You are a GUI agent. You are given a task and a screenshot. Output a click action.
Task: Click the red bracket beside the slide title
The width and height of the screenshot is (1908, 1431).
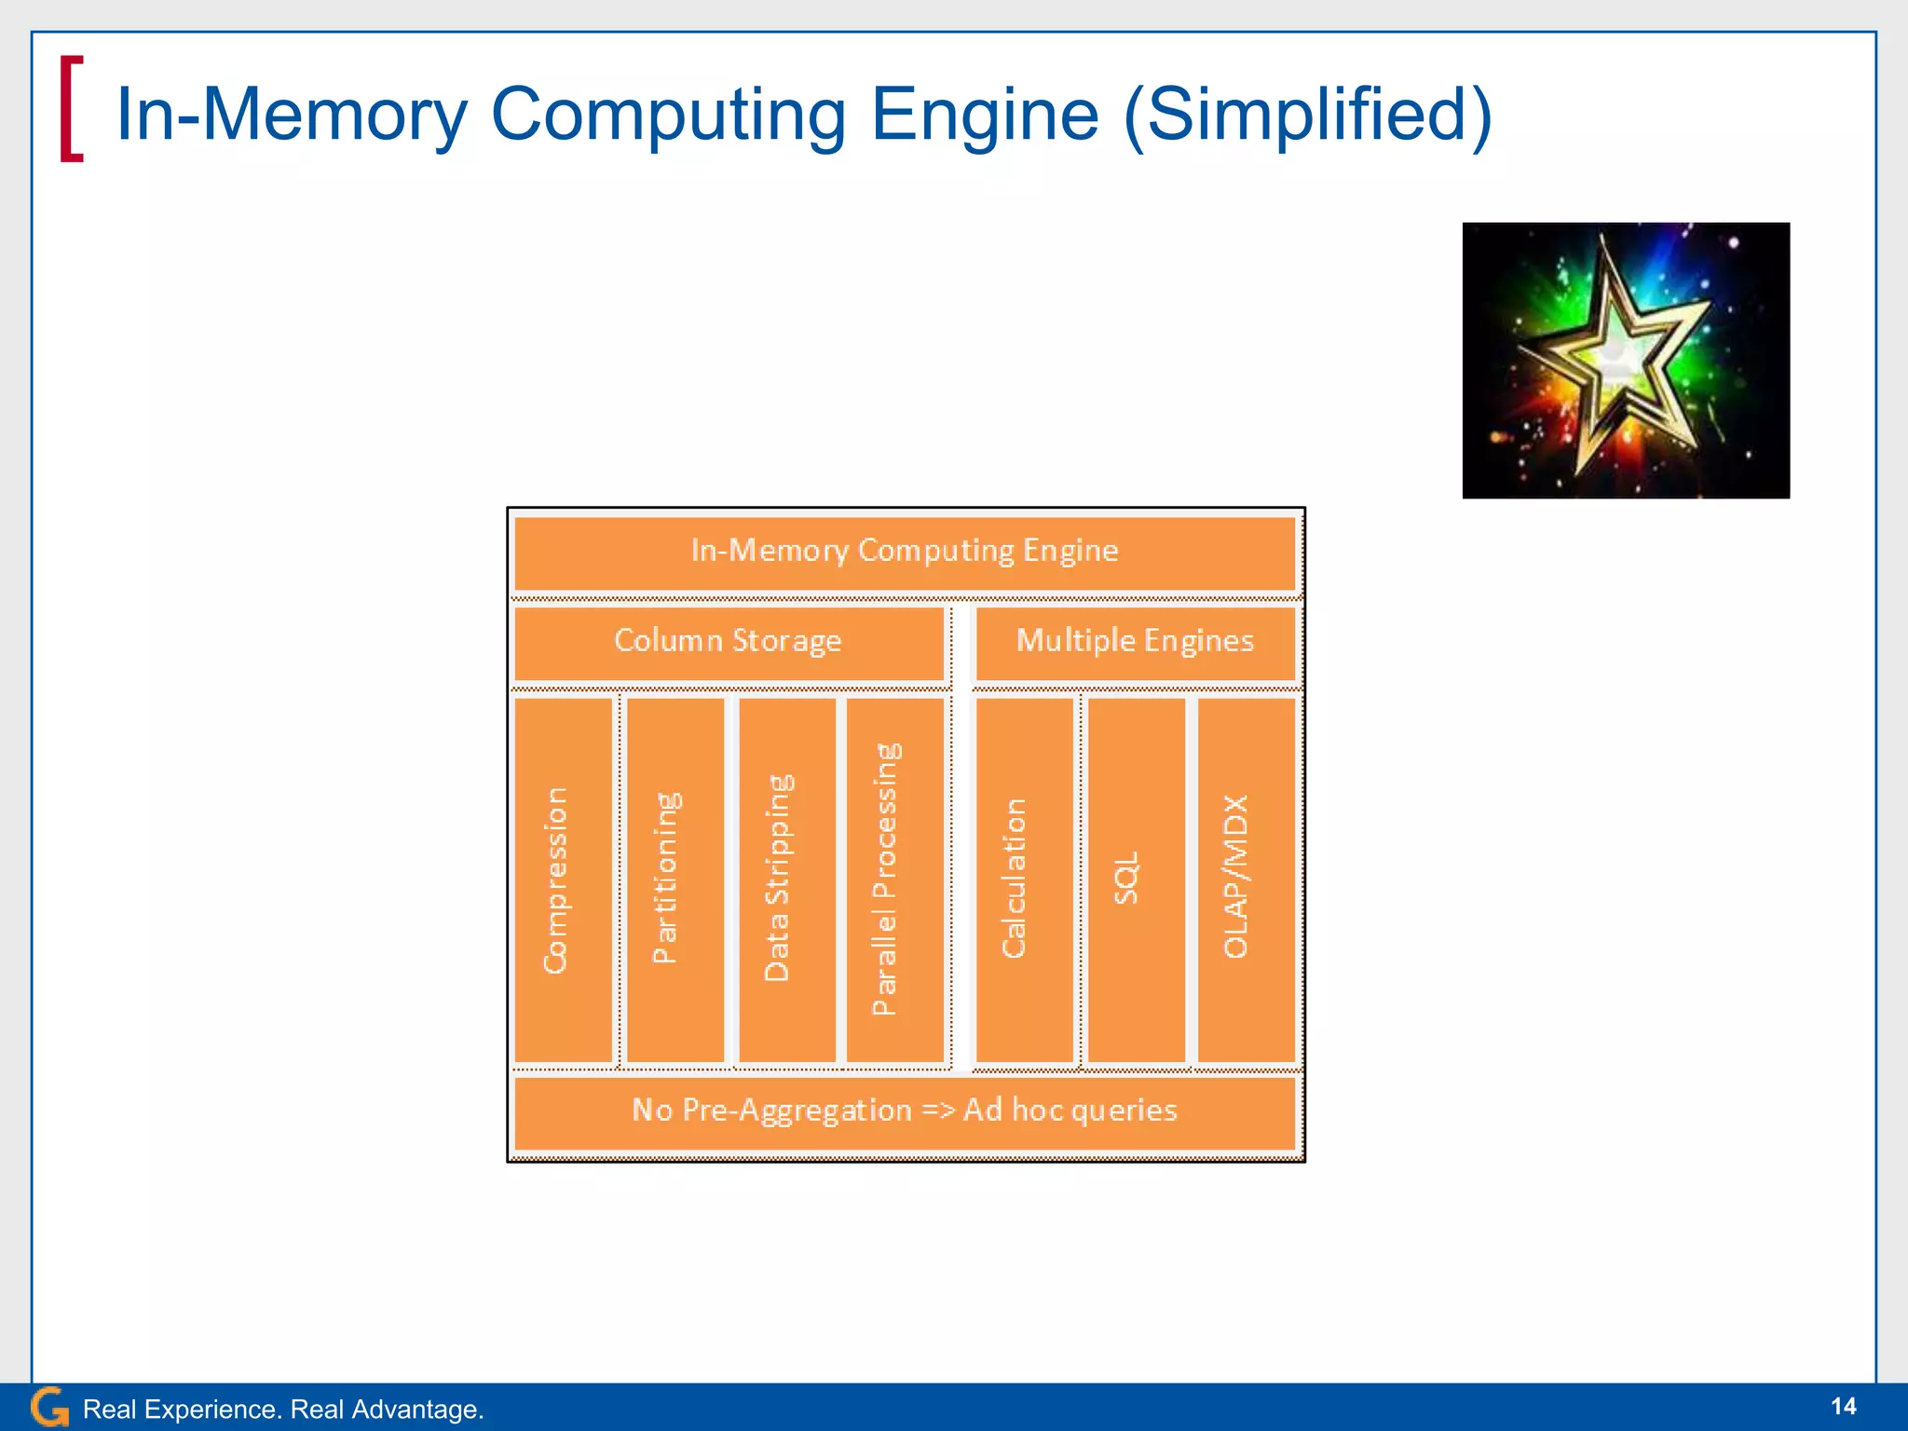[x=71, y=109]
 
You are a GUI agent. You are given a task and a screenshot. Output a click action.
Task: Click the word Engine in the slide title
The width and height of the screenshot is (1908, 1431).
[x=985, y=115]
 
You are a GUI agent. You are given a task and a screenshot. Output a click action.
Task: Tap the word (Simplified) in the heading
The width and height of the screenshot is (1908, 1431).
[x=1308, y=115]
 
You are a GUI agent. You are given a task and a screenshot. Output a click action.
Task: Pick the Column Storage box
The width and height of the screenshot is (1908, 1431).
[x=729, y=642]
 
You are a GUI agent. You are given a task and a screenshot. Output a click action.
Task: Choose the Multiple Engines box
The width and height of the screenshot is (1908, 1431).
[x=1135, y=642]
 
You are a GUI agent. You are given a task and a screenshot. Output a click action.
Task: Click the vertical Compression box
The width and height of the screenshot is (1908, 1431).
[x=563, y=879]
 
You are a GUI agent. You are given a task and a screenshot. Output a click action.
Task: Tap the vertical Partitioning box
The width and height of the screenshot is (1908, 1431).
[x=675, y=879]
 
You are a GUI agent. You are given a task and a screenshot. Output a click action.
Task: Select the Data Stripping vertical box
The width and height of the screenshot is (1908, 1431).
[x=785, y=879]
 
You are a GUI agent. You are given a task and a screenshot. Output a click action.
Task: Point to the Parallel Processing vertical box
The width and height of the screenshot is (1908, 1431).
[x=894, y=879]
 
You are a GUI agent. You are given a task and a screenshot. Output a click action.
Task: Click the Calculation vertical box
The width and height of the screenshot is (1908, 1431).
[x=1023, y=879]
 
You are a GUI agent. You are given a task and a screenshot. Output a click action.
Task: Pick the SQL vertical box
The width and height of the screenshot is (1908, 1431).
[x=1136, y=879]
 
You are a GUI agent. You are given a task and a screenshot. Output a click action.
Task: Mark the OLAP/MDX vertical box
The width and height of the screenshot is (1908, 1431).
[x=1246, y=879]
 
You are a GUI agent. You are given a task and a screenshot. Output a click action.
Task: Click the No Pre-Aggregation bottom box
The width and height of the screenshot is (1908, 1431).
[x=904, y=1111]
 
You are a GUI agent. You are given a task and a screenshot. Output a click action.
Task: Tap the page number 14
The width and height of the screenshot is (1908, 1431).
[x=1843, y=1406]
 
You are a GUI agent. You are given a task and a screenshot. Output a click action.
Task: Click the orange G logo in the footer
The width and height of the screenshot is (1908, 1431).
[x=49, y=1407]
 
